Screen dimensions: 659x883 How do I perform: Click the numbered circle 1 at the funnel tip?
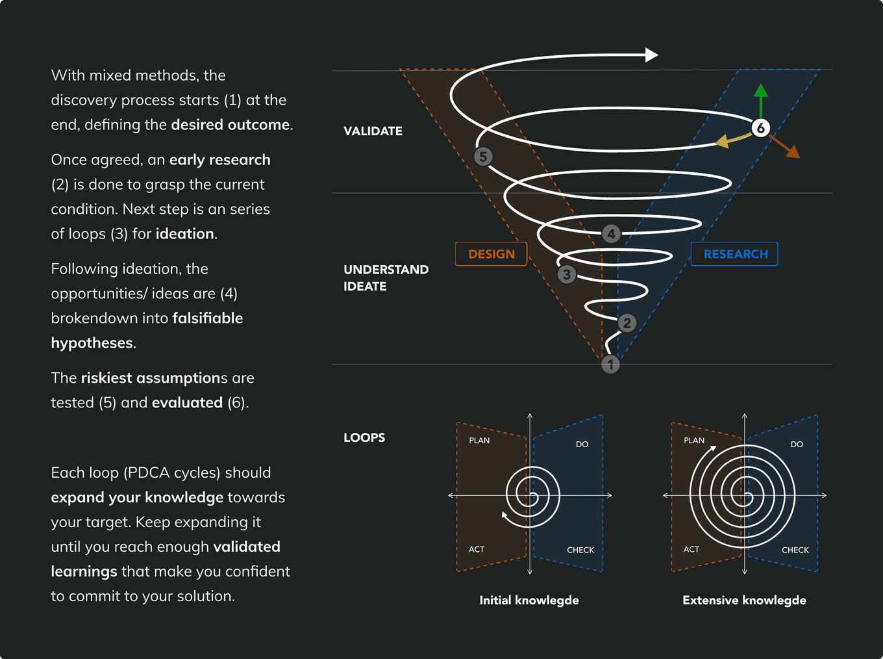click(x=610, y=365)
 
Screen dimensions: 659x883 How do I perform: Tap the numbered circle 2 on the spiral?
click(x=627, y=323)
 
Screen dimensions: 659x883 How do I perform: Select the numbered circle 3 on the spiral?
click(x=567, y=274)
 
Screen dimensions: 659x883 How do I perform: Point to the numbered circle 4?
click(x=611, y=233)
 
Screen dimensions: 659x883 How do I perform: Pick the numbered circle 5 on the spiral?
click(x=483, y=157)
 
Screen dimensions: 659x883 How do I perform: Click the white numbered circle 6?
click(x=761, y=127)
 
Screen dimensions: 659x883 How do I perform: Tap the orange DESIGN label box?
click(x=491, y=254)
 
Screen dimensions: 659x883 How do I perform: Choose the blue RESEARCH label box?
click(x=735, y=254)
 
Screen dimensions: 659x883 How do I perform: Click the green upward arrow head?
click(x=761, y=91)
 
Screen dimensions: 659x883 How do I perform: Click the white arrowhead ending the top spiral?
click(x=651, y=55)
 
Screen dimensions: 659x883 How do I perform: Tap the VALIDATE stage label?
click(x=373, y=131)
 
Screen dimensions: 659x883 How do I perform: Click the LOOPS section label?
click(x=364, y=437)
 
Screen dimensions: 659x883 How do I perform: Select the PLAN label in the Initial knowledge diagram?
click(x=479, y=441)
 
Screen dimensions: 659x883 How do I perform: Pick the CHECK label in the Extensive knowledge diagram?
click(x=795, y=550)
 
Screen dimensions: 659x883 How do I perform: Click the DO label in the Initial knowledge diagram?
click(x=582, y=445)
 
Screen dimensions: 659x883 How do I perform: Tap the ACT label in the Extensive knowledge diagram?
click(x=691, y=549)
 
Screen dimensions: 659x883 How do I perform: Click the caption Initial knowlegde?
click(x=529, y=601)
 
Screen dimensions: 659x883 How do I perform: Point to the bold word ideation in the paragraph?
click(x=184, y=234)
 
